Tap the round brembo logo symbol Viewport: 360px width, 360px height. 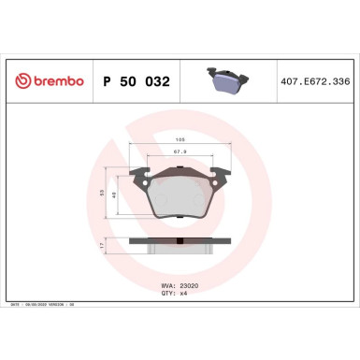tap(21, 81)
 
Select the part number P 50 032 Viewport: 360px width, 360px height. tap(134, 81)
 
